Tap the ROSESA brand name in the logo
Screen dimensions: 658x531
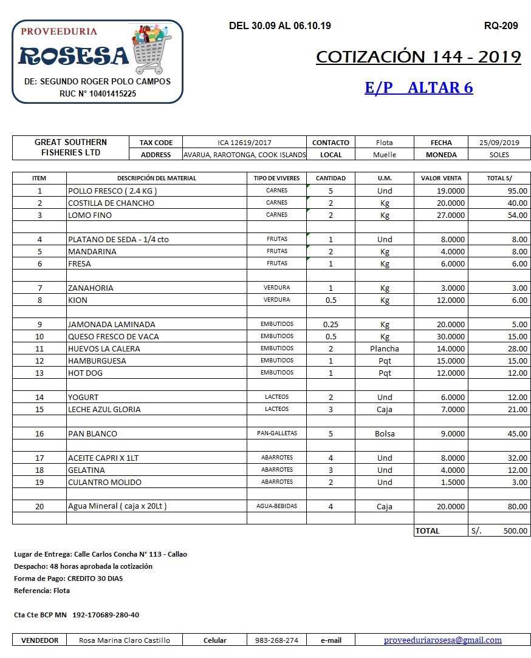[74, 56]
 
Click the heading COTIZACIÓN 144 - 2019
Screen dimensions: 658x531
[419, 57]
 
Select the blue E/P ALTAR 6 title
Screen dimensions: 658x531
[419, 87]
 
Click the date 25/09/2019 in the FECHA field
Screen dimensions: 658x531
[499, 143]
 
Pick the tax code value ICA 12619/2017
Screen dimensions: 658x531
[244, 143]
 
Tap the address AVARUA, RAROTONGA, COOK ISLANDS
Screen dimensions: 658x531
[244, 155]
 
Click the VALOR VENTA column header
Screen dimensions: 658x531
[441, 178]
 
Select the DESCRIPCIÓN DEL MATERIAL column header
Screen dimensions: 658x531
[157, 178]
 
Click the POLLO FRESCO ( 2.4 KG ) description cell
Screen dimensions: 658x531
[113, 191]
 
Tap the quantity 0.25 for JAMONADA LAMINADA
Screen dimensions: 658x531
[331, 324]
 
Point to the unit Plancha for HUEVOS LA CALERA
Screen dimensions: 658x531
[385, 348]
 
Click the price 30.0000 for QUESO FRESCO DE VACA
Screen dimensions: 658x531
[450, 336]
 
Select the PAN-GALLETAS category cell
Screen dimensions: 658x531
[277, 433]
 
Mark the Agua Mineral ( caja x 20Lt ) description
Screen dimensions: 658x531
[117, 506]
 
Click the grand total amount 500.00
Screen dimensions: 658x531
[515, 531]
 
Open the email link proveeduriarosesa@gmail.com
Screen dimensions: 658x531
[443, 640]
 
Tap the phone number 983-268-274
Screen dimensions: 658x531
[276, 640]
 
